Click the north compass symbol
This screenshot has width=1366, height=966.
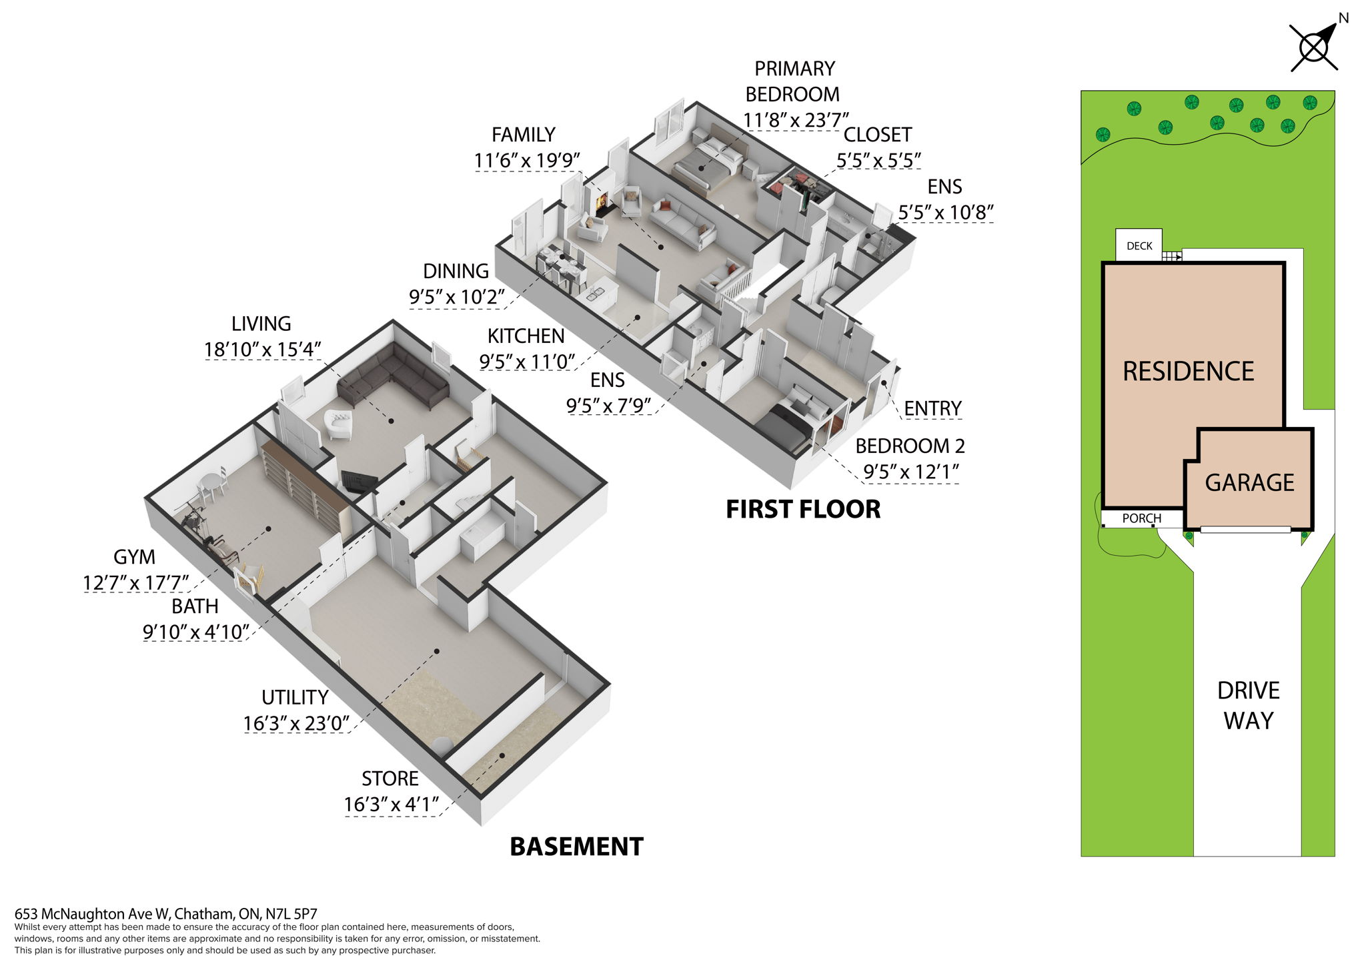coord(1313,47)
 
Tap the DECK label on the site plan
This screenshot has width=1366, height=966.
coord(1139,246)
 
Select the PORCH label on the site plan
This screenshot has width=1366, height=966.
coord(1141,518)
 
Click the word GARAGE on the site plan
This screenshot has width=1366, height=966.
coord(1249,482)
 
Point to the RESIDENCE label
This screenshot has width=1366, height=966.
coord(1188,372)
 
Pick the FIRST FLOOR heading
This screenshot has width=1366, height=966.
coord(803,509)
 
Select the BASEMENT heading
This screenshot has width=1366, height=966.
coord(576,847)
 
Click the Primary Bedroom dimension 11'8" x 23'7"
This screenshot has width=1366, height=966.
coord(796,120)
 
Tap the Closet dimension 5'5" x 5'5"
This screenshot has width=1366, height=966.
coord(878,160)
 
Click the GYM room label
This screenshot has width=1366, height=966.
coord(134,557)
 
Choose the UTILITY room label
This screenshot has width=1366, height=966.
coord(295,698)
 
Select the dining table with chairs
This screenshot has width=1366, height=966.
coord(561,264)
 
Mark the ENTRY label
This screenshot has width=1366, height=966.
coord(932,408)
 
